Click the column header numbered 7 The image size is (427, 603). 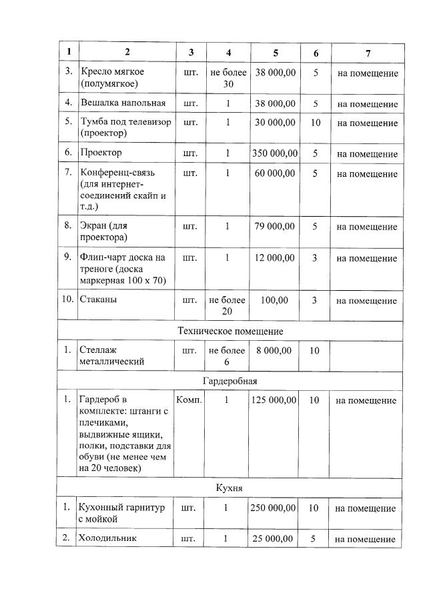(368, 53)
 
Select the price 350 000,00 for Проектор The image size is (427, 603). (274, 153)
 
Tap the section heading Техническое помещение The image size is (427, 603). (230, 331)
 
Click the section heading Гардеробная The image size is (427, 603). (230, 381)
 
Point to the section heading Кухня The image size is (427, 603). (230, 488)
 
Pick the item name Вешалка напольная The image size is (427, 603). (123, 103)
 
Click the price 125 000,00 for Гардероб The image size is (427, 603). (274, 400)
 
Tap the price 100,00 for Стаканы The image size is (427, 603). (274, 300)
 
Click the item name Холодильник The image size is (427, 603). (107, 538)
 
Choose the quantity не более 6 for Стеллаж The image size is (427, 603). (228, 356)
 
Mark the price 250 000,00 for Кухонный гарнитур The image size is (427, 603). (274, 508)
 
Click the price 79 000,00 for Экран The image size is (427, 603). (274, 226)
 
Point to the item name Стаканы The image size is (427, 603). (99, 299)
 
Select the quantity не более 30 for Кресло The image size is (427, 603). (228, 78)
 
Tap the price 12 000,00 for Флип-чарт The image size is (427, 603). (274, 258)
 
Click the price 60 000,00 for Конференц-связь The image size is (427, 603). (274, 173)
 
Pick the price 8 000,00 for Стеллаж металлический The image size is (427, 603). (274, 350)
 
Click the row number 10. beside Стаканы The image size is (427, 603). (67, 299)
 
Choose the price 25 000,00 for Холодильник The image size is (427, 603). (274, 539)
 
